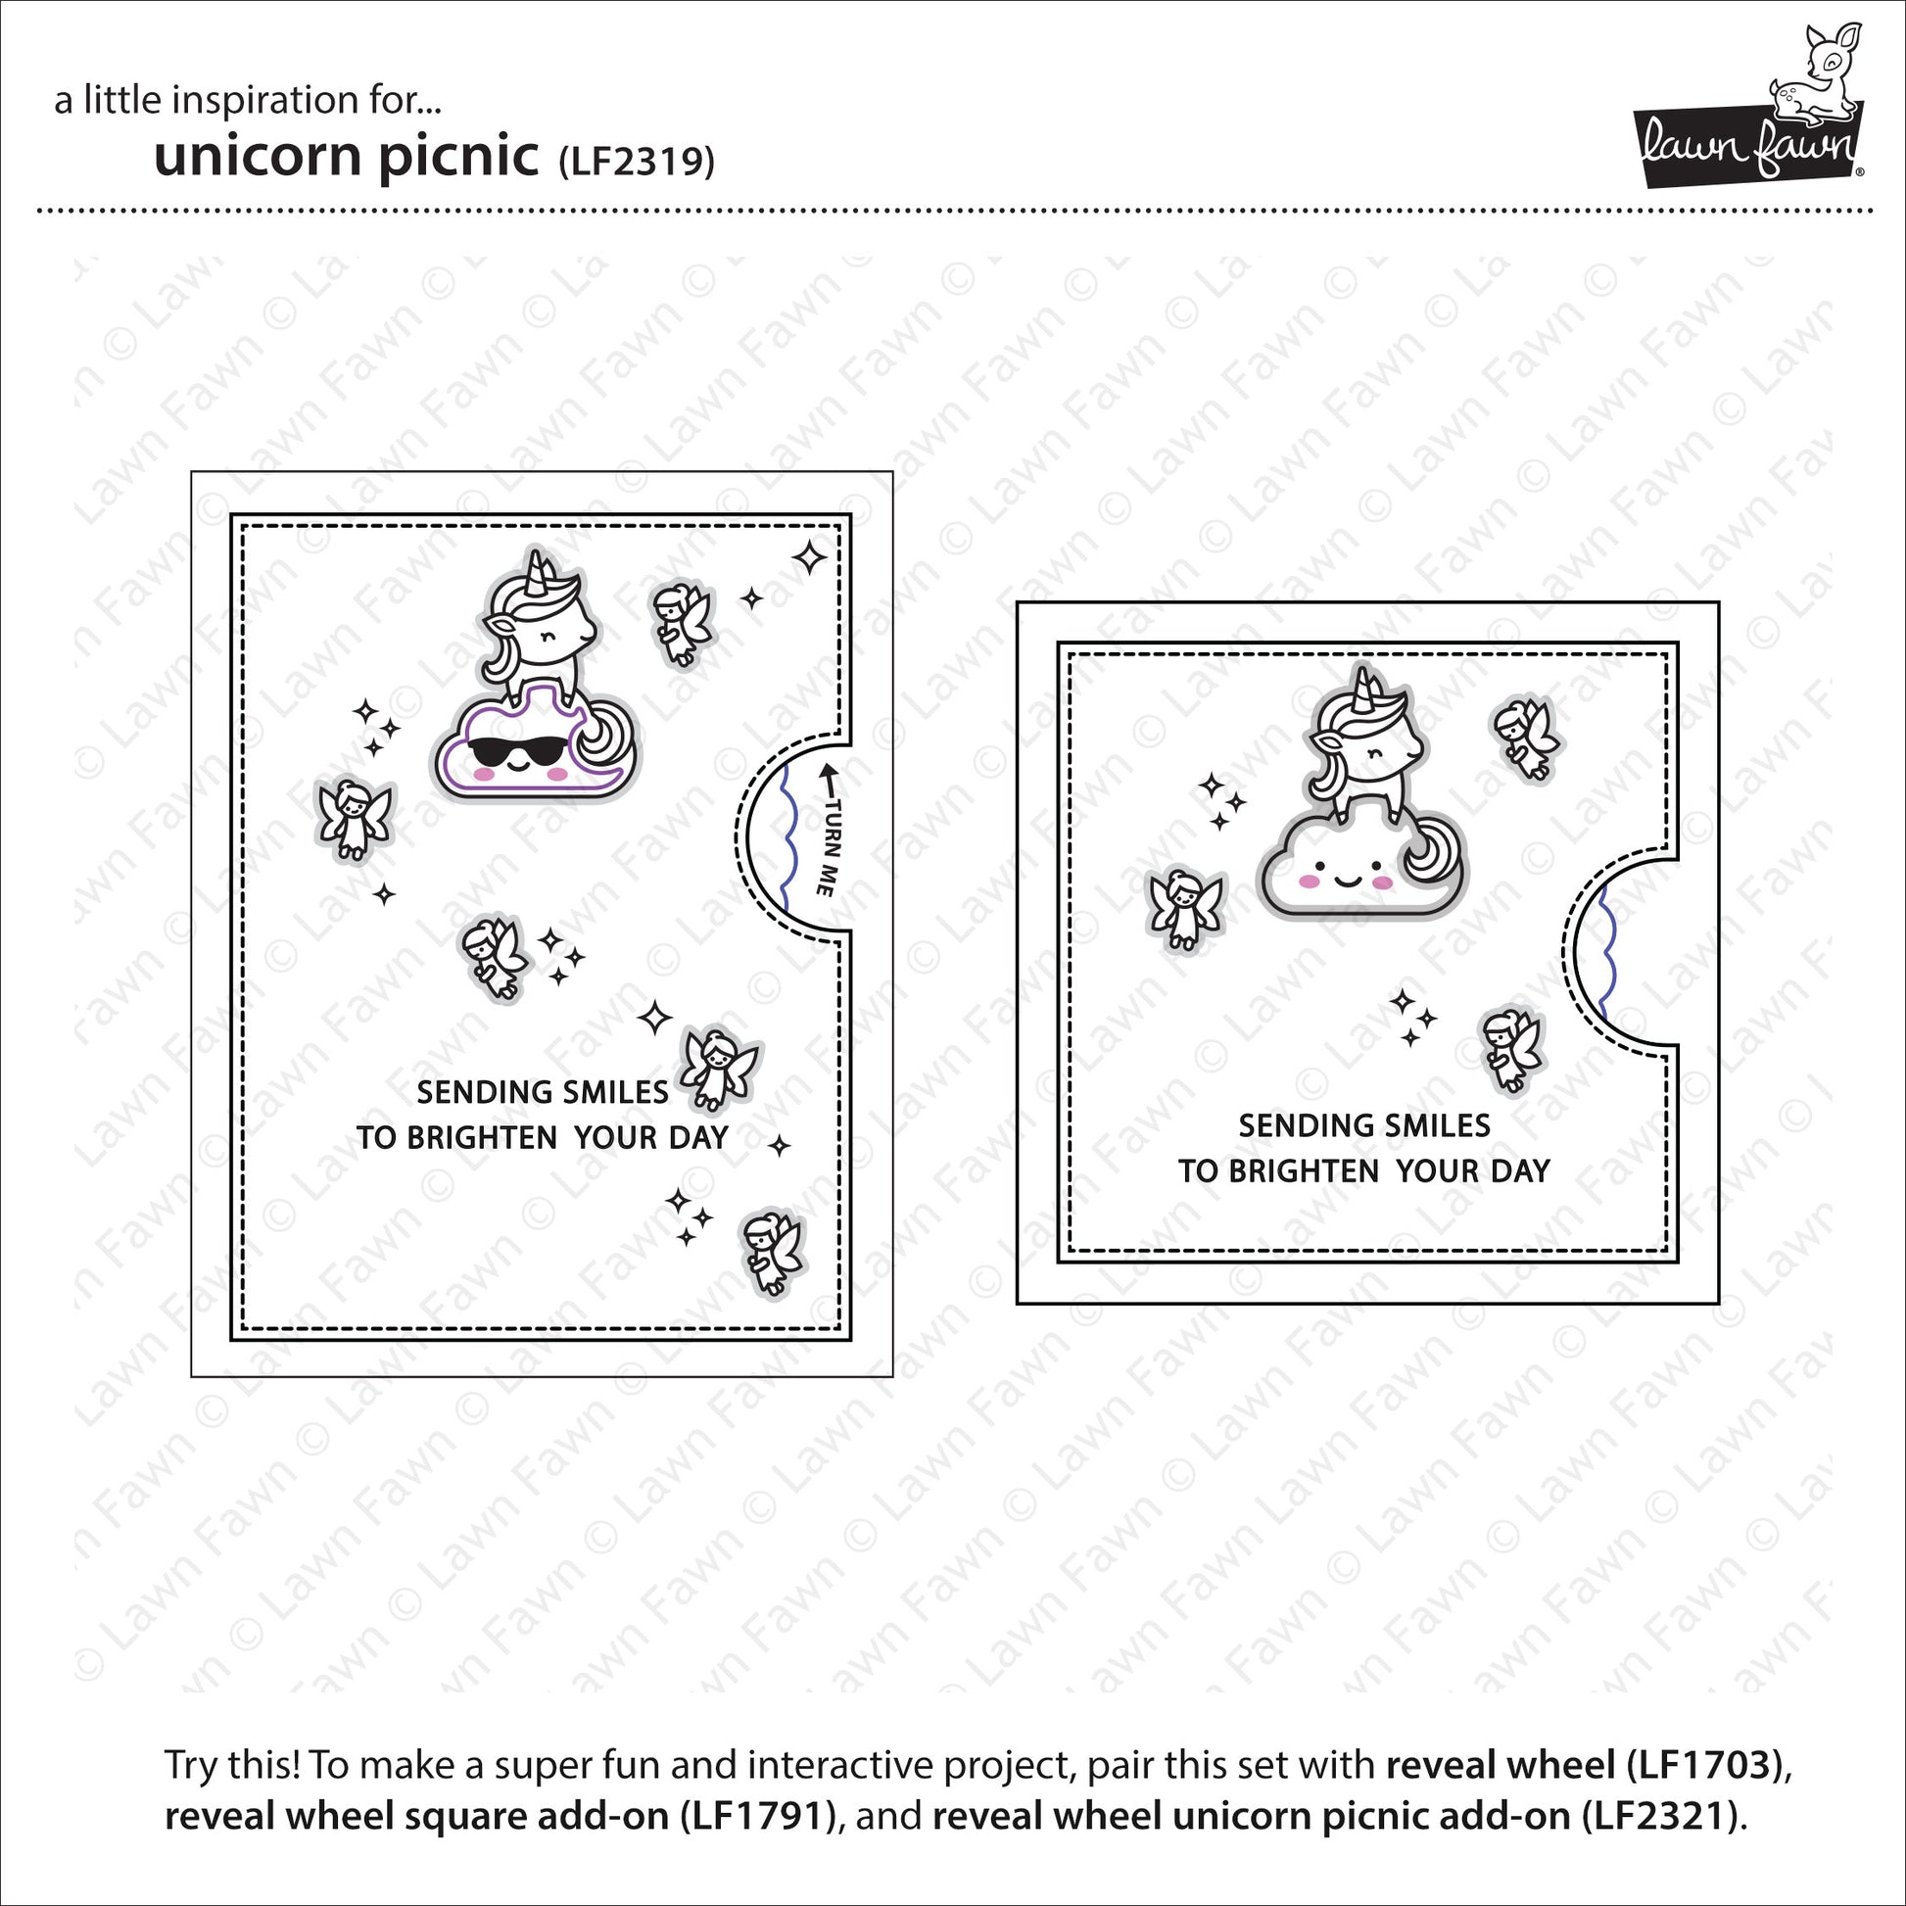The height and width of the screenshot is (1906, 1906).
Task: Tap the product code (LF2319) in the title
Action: [637, 161]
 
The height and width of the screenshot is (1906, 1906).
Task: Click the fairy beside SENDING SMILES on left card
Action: [718, 1068]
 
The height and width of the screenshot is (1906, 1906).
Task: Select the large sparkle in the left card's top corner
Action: [810, 558]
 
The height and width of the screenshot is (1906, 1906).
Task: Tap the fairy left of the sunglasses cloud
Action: [354, 817]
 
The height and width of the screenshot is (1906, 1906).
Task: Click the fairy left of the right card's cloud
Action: [1186, 908]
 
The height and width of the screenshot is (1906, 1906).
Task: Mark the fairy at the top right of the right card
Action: [1525, 736]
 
